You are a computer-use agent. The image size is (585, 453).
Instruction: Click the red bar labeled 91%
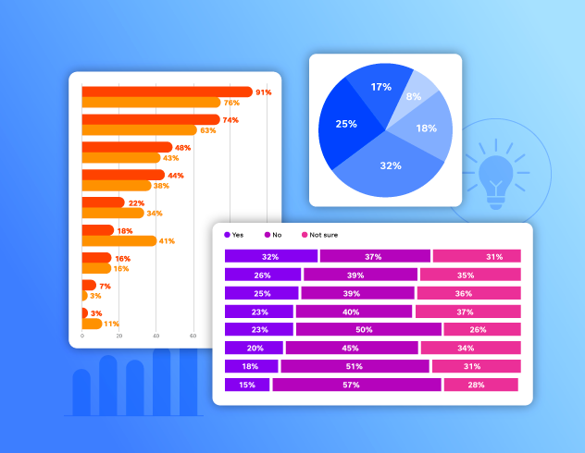tap(167, 92)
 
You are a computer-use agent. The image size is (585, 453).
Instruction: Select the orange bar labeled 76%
tap(151, 103)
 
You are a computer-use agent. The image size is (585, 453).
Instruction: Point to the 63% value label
tap(207, 130)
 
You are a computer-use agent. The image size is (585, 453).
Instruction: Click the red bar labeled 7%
tap(89, 286)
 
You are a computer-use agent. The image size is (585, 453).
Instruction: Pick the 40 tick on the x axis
tap(156, 336)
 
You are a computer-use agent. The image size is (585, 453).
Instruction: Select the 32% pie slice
tap(389, 166)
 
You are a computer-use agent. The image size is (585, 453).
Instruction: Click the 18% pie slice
tap(427, 129)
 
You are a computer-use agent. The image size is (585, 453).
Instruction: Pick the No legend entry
tap(275, 235)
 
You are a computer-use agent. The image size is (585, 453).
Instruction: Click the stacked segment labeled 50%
tap(368, 329)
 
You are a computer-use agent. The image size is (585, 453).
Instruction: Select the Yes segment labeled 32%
tap(270, 256)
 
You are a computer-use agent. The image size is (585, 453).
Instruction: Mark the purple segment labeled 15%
tap(247, 385)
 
